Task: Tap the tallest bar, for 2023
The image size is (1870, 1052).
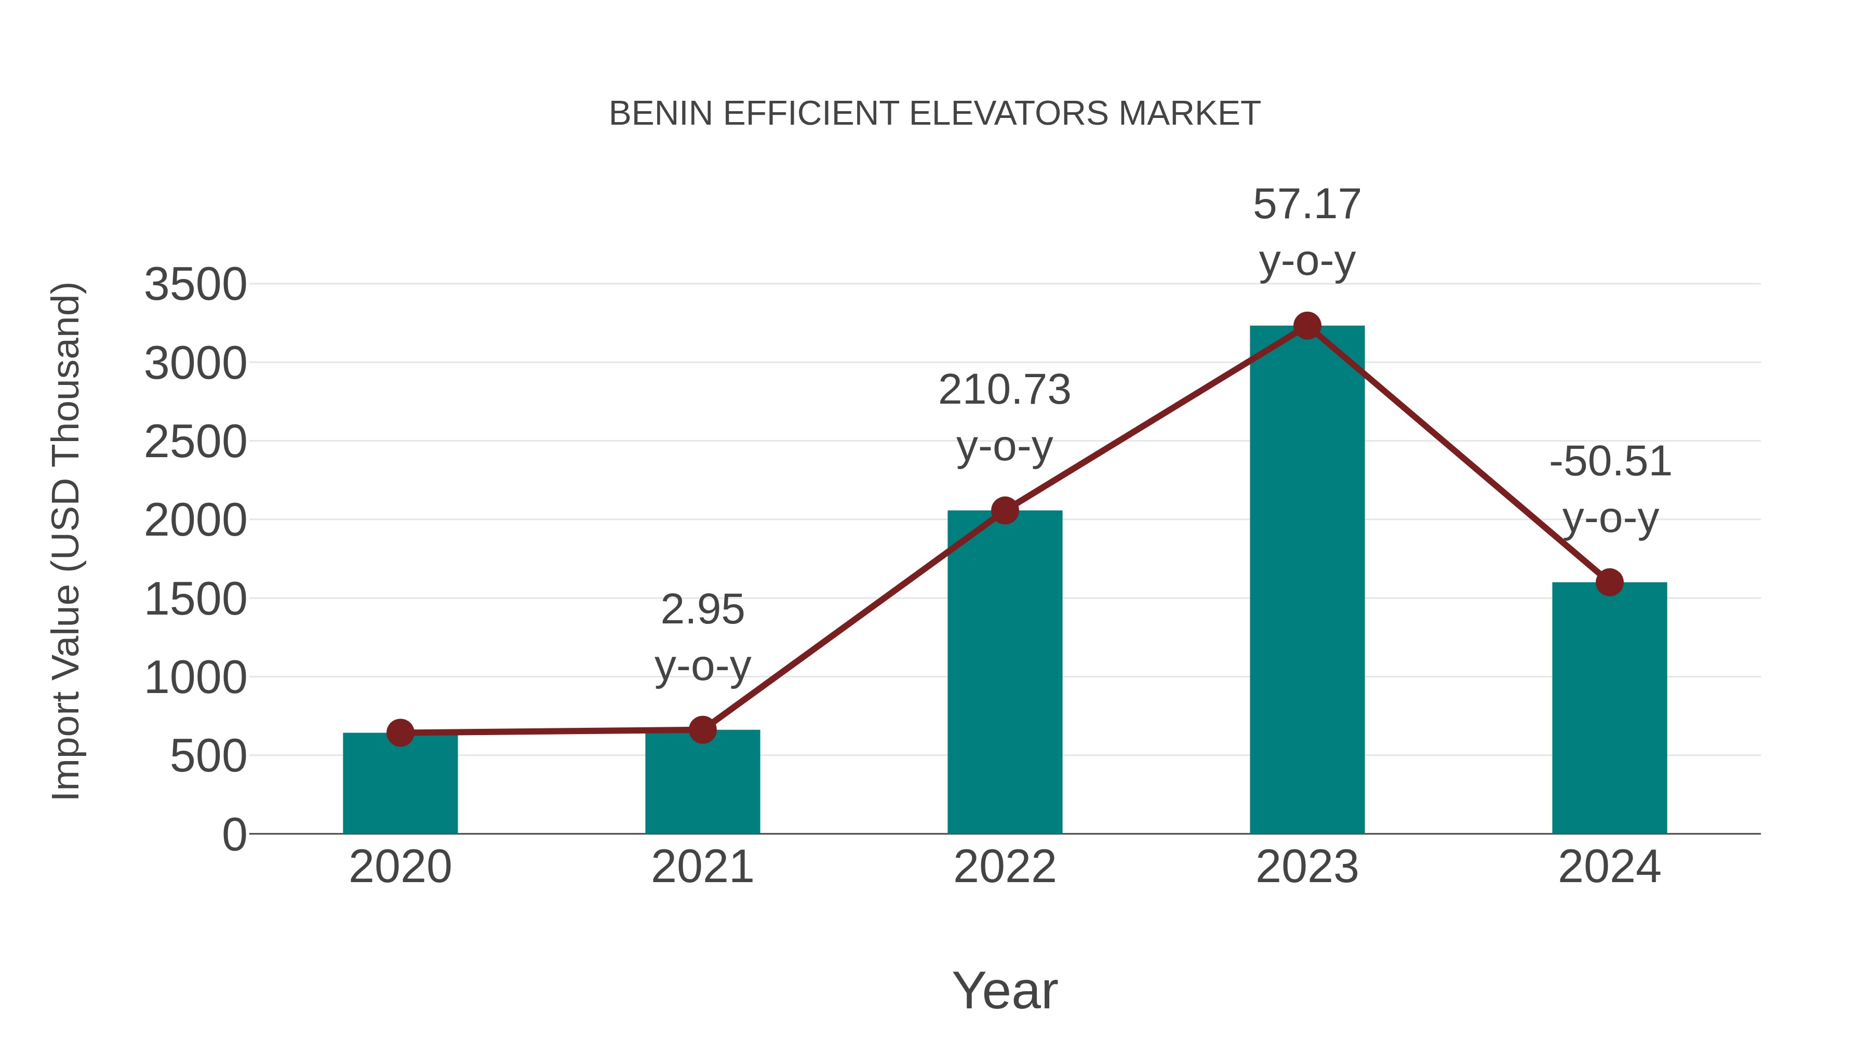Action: click(x=1307, y=581)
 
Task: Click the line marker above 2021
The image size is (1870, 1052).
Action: click(x=702, y=730)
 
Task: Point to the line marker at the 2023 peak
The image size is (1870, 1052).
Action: click(x=1307, y=326)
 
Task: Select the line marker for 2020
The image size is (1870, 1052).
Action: click(x=400, y=733)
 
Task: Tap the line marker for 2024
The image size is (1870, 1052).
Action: click(x=1609, y=581)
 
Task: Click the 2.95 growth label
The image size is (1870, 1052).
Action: click(x=702, y=610)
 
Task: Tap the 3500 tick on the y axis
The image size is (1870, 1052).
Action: click(x=195, y=285)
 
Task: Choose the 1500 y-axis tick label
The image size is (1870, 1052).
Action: click(x=195, y=600)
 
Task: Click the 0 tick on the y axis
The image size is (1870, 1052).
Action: click(x=234, y=835)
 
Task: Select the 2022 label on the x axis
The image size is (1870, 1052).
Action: click(x=1005, y=867)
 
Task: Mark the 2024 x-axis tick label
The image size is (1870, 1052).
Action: click(x=1609, y=867)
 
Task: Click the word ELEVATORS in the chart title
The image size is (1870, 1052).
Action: click(x=1009, y=114)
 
